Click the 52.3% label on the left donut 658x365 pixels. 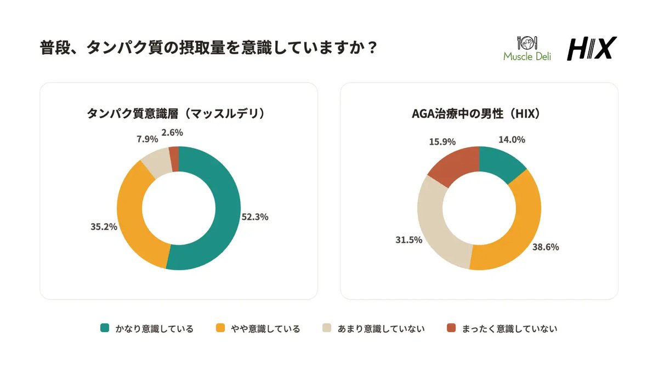point(254,217)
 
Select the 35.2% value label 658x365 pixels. point(104,227)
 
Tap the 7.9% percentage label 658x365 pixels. point(147,139)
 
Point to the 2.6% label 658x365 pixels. point(172,133)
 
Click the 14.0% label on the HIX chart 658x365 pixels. point(512,140)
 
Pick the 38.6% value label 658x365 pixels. point(546,247)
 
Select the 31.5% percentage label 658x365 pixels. point(409,240)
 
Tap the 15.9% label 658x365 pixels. point(442,142)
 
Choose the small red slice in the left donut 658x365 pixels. point(174,159)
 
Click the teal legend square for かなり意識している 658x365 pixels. point(105,328)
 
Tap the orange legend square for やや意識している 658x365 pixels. point(220,328)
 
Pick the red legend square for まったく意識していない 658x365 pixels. point(451,328)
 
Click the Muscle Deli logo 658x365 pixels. point(527,49)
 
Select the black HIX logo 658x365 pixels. point(592,48)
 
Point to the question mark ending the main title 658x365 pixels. point(372,48)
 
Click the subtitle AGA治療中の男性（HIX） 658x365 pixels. point(476,113)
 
